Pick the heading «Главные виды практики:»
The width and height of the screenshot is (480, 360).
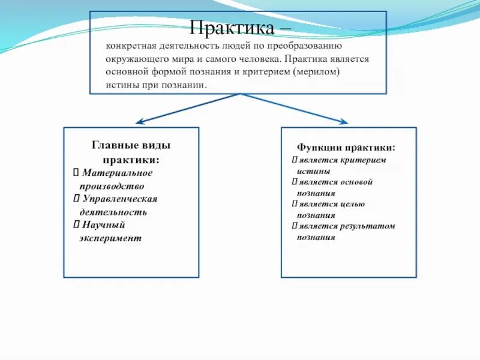(131, 152)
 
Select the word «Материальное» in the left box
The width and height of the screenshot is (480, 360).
(118, 173)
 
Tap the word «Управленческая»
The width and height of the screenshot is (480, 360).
(119, 199)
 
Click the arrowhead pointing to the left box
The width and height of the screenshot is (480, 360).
(139, 122)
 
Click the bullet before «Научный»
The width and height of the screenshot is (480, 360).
(76, 225)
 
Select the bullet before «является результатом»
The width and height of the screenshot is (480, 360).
(295, 226)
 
